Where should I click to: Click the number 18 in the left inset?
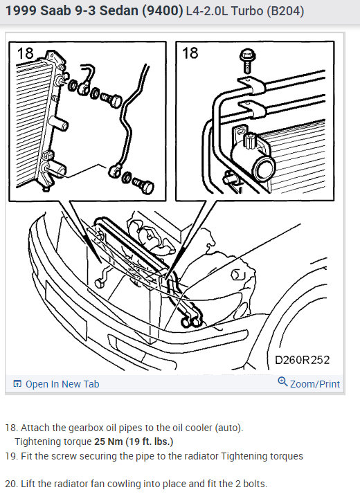(25, 54)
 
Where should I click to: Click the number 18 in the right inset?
(190, 54)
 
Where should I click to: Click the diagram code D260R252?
(302, 360)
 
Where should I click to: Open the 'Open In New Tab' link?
(62, 384)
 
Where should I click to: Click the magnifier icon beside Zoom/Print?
(282, 382)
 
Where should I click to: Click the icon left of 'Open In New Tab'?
(17, 384)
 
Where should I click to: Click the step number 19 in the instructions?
(10, 456)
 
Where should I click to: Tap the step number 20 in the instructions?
(10, 484)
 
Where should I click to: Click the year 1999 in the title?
(20, 12)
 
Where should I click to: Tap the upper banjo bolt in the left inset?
(107, 98)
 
